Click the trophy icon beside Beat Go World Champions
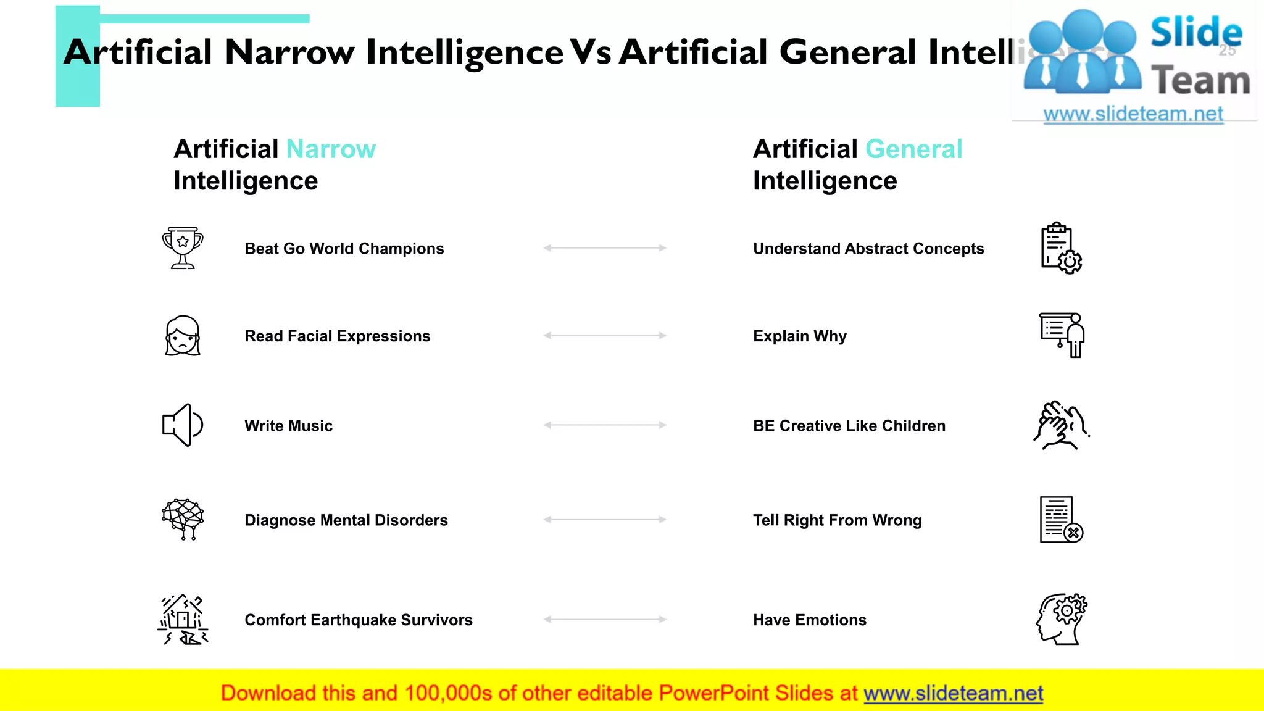coord(183,247)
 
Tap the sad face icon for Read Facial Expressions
coord(183,336)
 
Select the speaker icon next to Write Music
coord(182,425)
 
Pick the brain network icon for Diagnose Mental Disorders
coord(183,519)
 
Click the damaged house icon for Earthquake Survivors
coord(183,620)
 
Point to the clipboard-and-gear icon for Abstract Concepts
coord(1061,248)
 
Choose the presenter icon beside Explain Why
coord(1062,335)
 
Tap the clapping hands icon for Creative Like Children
coord(1061,425)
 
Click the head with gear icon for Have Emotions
coord(1062,619)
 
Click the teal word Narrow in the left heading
coord(331,149)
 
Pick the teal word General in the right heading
coord(913,149)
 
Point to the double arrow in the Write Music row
coord(605,425)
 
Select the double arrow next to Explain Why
coord(605,336)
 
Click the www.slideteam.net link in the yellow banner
coord(953,693)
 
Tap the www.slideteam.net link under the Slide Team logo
coord(1133,114)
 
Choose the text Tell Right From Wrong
coord(837,520)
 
